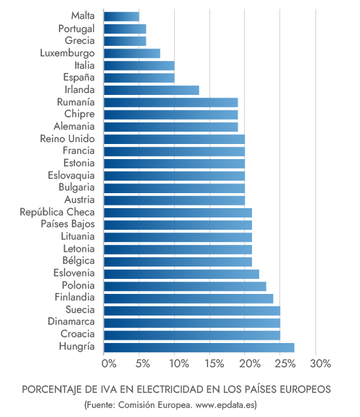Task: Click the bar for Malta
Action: (121, 16)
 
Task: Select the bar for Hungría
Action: (199, 348)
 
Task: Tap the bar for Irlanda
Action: (151, 90)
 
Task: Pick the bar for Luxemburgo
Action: (132, 54)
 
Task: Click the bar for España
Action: (139, 78)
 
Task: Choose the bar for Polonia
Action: (185, 286)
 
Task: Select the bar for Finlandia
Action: (189, 299)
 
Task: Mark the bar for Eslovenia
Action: (181, 274)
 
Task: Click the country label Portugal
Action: (76, 28)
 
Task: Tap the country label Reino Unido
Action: (67, 139)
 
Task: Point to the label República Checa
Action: (57, 212)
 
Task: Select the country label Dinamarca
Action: (71, 322)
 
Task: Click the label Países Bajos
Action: (67, 225)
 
